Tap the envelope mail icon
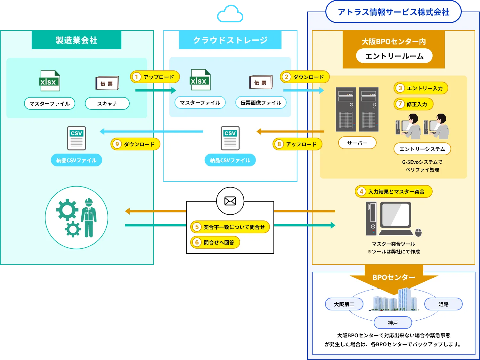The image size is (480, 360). click(230, 201)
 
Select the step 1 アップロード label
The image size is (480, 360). click(155, 77)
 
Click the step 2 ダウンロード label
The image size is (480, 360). click(305, 77)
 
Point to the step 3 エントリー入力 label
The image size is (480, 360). click(421, 88)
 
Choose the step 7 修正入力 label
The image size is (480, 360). click(413, 104)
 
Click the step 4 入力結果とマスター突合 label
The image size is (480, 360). click(394, 192)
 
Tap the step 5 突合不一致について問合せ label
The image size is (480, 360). click(230, 227)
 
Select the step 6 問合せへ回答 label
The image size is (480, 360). click(215, 243)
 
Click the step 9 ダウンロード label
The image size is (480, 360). click(135, 144)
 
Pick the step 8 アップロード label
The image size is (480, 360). click(297, 144)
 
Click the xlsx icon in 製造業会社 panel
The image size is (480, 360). click(49, 81)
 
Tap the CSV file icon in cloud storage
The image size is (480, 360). click(230, 138)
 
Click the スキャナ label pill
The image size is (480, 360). click(107, 104)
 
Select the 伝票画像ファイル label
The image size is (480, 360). click(261, 103)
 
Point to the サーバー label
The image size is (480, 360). click(357, 143)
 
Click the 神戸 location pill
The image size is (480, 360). click(393, 323)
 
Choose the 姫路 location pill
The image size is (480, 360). click(443, 304)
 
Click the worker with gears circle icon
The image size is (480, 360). click(77, 218)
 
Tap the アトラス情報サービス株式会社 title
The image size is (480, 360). click(394, 12)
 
